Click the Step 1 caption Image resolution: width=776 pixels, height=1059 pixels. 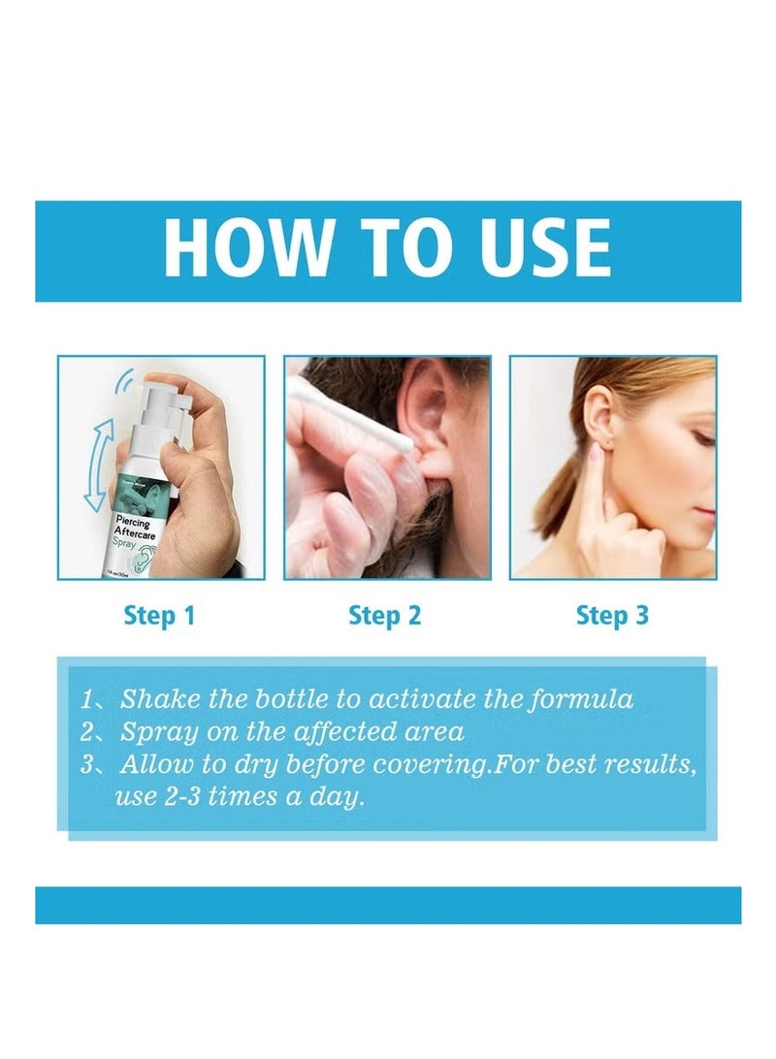tap(159, 615)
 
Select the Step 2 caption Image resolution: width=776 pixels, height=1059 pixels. tap(385, 615)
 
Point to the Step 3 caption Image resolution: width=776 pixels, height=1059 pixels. tap(612, 615)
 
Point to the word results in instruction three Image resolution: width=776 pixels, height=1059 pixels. tap(645, 764)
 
